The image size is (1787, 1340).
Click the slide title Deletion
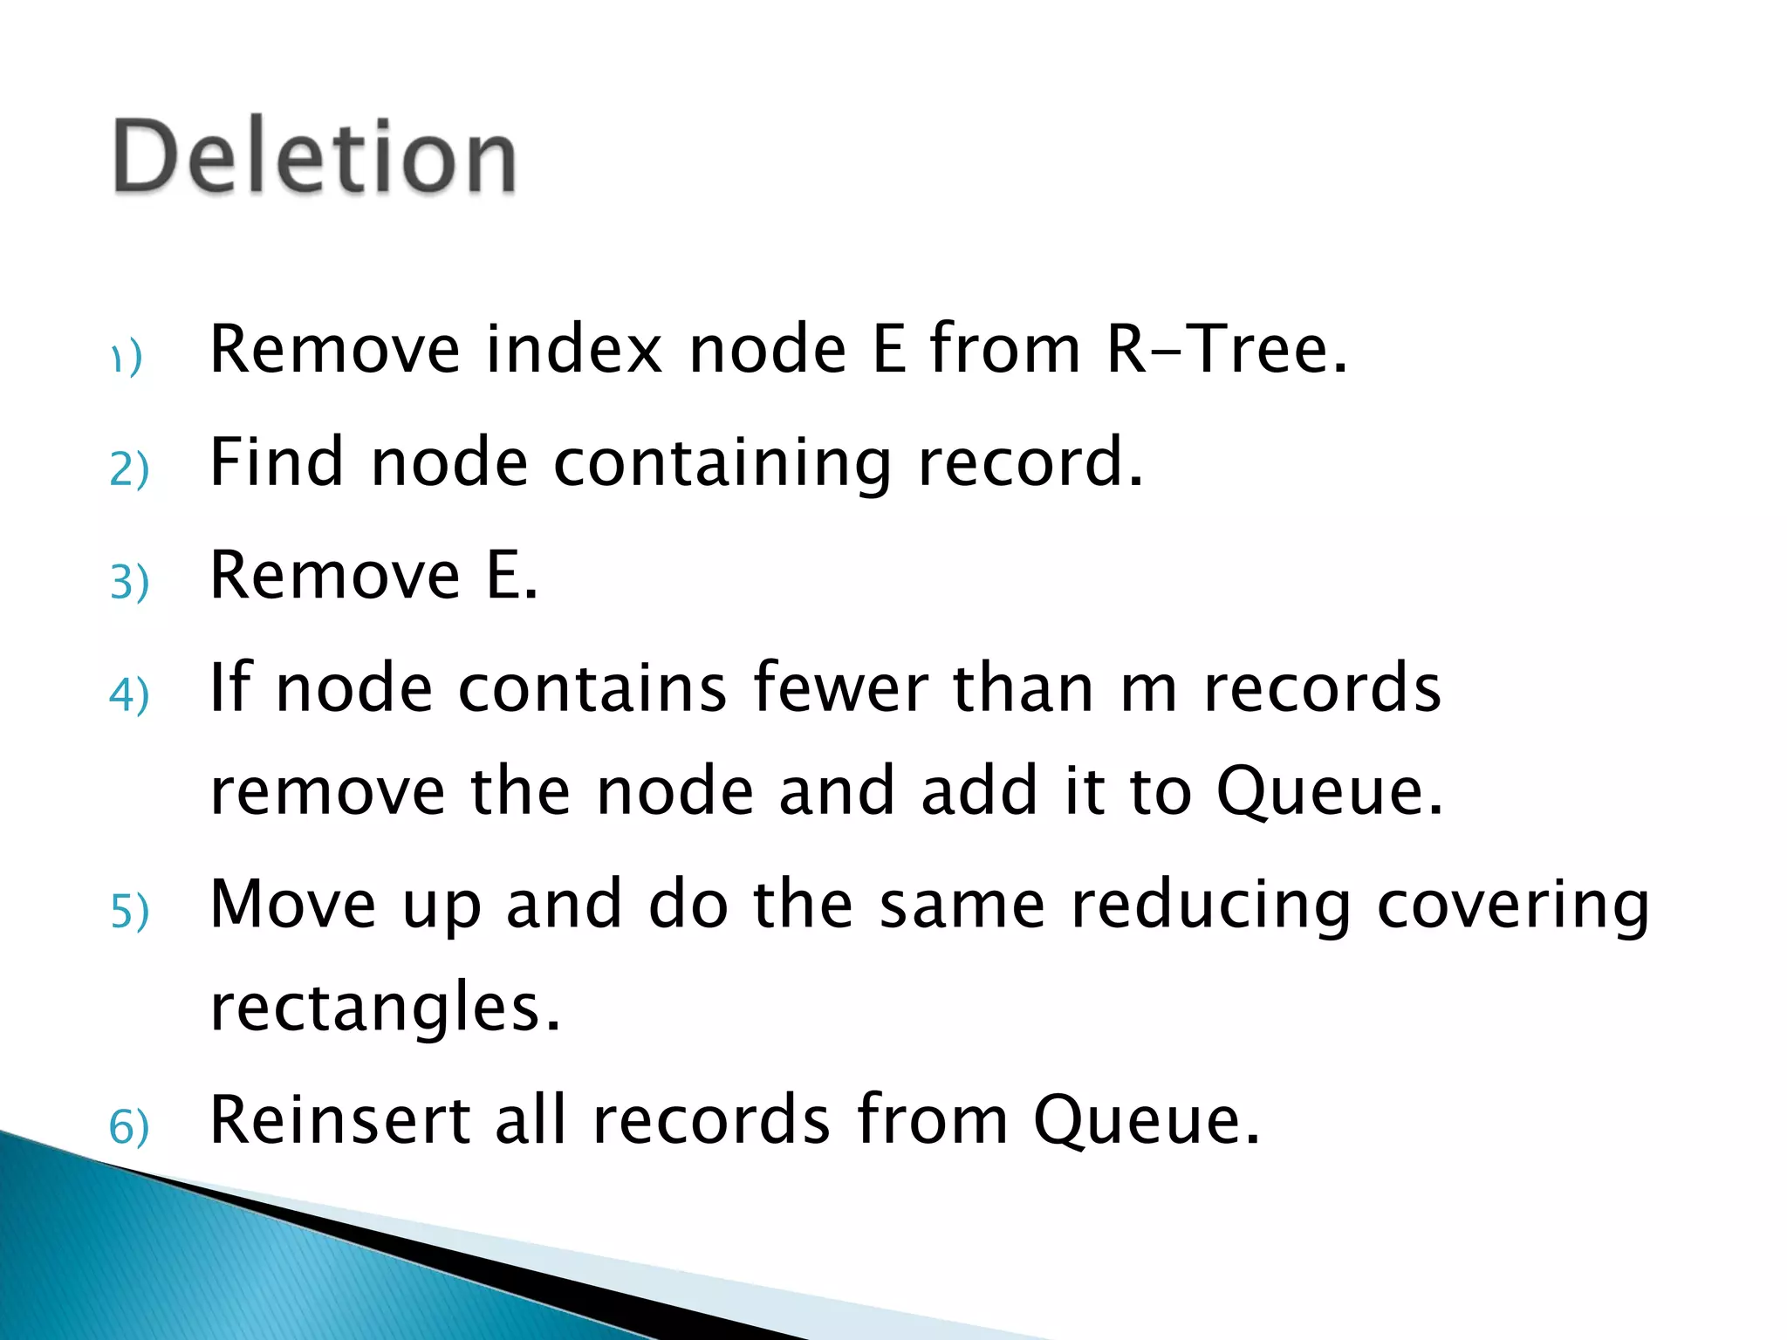pyautogui.click(x=314, y=157)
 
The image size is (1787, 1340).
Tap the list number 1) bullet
pyautogui.click(x=127, y=358)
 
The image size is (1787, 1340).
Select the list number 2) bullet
pyautogui.click(x=129, y=469)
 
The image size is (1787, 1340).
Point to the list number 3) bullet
pyautogui.click(x=129, y=582)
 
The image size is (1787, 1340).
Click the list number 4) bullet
pyautogui.click(x=129, y=695)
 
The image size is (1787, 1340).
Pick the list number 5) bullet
pyautogui.click(x=129, y=912)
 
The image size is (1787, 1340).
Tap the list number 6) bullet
pyautogui.click(x=129, y=1127)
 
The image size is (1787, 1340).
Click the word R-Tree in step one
pyautogui.click(x=1227, y=349)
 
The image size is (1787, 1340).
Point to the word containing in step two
pyautogui.click(x=722, y=462)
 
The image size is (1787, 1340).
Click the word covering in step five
pyautogui.click(x=1513, y=906)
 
